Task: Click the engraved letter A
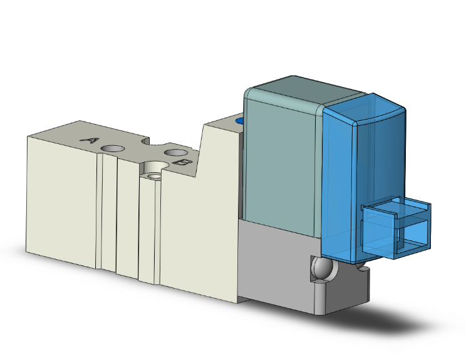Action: click(x=91, y=140)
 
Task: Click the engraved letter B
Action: click(x=182, y=163)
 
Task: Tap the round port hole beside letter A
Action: click(x=113, y=148)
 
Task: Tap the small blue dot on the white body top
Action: click(x=239, y=120)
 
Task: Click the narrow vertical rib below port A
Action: click(x=109, y=213)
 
